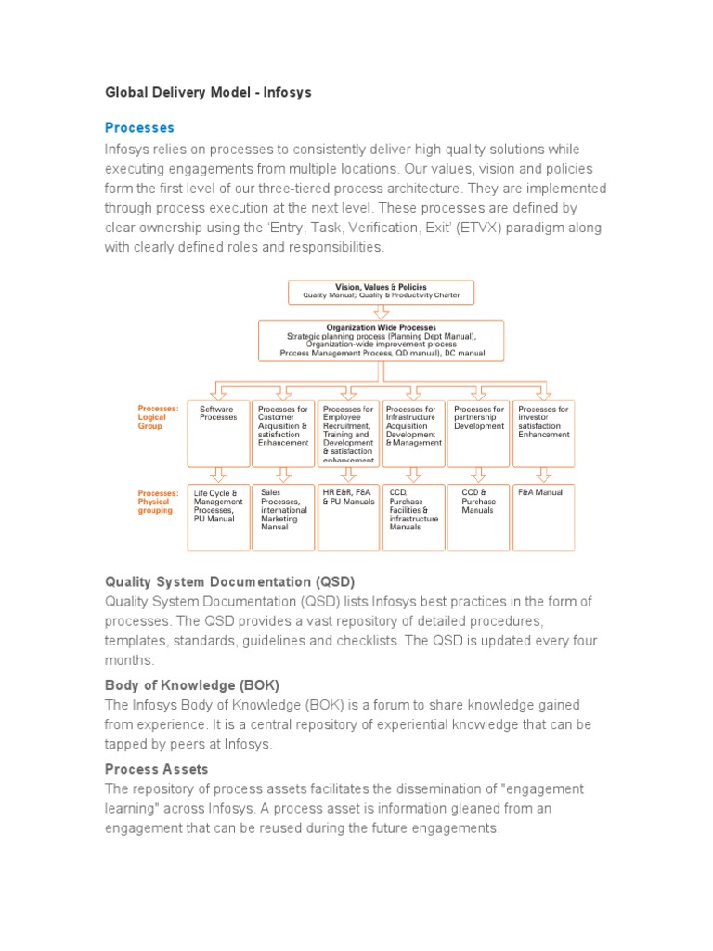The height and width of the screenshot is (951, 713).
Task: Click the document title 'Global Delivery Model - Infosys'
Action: pos(208,93)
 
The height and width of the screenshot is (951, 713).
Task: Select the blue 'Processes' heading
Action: pos(139,127)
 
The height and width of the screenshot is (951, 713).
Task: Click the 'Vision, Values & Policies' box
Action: pos(382,292)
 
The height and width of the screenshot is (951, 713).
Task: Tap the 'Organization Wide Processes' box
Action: pos(382,341)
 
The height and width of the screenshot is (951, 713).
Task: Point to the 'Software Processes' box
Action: pos(218,433)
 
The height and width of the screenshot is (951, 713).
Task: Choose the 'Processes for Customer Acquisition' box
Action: pos(283,433)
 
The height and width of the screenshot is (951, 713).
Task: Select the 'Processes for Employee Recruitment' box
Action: pos(348,433)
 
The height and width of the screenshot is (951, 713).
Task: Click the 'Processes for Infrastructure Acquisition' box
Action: pos(413,433)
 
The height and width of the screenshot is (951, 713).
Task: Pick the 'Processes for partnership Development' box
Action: pos(479,433)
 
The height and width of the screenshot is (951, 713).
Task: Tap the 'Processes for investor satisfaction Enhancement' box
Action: pos(544,433)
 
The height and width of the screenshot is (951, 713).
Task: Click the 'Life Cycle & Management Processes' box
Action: pos(218,516)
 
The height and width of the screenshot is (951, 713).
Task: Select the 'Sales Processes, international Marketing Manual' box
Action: pos(283,516)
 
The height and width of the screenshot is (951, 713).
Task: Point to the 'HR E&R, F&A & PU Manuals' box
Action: pos(348,516)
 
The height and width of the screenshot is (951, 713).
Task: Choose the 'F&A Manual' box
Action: pos(544,516)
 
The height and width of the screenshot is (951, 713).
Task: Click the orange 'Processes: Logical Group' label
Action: pos(158,417)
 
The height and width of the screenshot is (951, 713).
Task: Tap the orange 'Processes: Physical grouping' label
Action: pos(158,502)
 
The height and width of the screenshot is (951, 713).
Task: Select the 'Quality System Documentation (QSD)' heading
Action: pos(229,581)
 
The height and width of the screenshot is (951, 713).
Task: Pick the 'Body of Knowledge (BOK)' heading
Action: pos(192,684)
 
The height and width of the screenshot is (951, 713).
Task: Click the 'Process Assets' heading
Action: pos(156,769)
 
